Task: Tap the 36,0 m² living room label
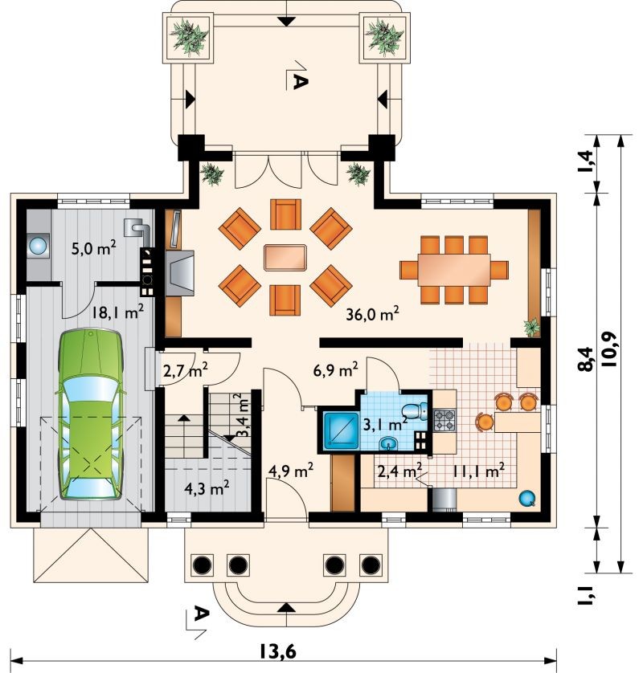[372, 314]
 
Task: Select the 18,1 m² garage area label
[117, 312]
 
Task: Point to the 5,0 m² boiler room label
[93, 248]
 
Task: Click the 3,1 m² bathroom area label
[385, 425]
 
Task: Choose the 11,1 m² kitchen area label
[478, 471]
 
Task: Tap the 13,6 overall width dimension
[277, 651]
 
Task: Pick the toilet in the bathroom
[416, 411]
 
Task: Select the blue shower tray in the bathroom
[342, 430]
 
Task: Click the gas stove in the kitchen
[444, 421]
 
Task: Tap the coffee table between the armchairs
[285, 258]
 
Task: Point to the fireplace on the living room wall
[179, 273]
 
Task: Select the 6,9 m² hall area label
[336, 370]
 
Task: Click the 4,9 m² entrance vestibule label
[290, 471]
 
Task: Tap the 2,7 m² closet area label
[186, 370]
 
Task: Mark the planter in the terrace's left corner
[189, 38]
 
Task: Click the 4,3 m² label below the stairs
[207, 488]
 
